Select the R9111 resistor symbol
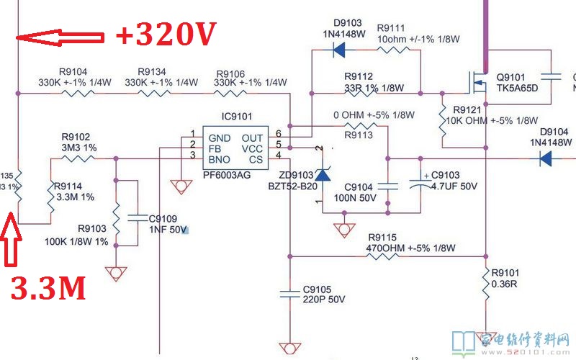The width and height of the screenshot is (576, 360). coord(394,50)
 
